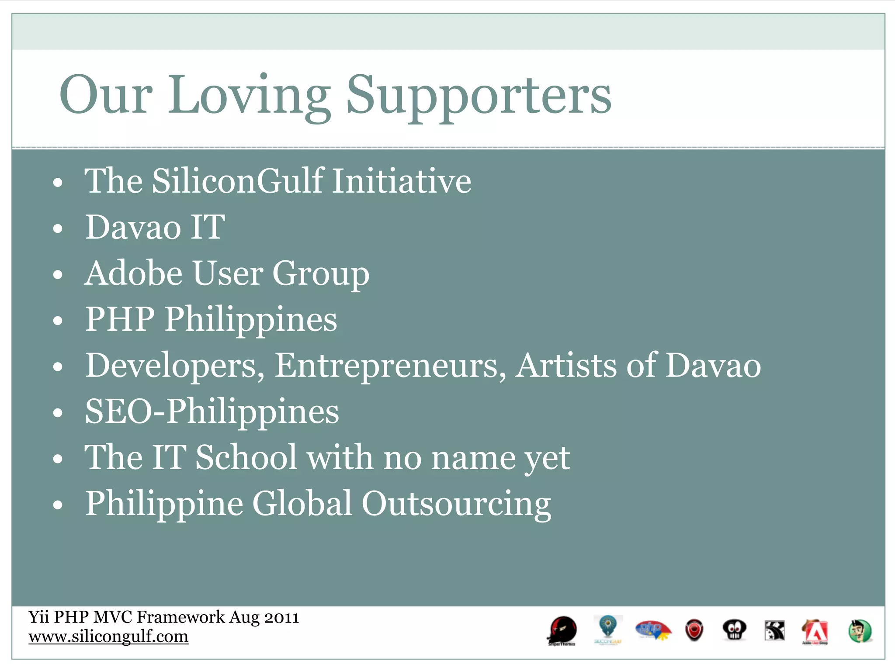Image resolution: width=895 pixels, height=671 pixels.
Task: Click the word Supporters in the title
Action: (x=479, y=95)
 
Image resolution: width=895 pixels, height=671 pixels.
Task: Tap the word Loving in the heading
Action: (x=250, y=95)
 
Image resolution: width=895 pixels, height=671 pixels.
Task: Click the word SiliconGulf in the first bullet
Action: (x=237, y=181)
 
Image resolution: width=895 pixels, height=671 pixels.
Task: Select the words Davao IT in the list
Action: (x=155, y=227)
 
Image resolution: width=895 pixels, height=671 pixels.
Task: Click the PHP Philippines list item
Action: (x=211, y=319)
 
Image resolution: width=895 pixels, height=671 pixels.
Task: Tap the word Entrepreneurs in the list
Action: (x=390, y=366)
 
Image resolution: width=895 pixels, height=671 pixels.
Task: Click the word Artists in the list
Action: (x=566, y=366)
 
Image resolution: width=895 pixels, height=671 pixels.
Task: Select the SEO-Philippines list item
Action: (x=212, y=412)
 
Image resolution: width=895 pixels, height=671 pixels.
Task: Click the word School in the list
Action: (x=246, y=457)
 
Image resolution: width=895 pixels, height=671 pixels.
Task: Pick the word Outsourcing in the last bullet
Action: (x=456, y=504)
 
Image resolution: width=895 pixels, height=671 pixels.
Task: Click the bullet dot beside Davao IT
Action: (x=58, y=228)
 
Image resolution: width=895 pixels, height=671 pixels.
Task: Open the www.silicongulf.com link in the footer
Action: (x=108, y=636)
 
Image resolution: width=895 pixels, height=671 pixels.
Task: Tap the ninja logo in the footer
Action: (x=562, y=630)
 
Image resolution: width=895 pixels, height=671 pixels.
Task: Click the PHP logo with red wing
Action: (x=653, y=630)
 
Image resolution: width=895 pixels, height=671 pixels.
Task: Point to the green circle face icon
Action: (x=860, y=631)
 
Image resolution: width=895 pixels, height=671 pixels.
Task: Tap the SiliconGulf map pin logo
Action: (x=607, y=628)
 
